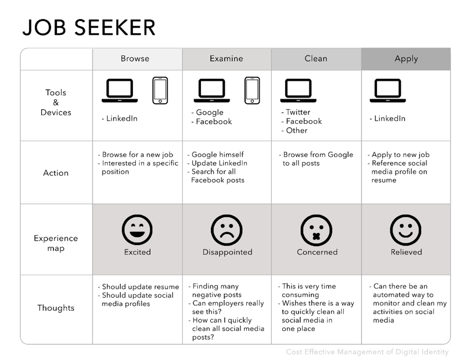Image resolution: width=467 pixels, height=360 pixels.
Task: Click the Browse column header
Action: [x=135, y=59]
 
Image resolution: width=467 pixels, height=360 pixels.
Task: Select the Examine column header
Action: [x=226, y=59]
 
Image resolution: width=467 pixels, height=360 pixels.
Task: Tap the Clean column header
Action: [x=316, y=59]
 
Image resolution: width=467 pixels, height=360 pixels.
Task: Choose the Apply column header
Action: [x=406, y=59]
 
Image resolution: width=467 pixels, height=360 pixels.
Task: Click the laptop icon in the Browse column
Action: [x=120, y=91]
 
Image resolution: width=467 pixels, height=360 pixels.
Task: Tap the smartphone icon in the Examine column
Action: [x=252, y=90]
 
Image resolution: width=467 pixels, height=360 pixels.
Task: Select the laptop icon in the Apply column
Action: [x=388, y=91]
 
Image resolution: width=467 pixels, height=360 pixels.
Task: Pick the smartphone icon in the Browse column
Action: [x=160, y=90]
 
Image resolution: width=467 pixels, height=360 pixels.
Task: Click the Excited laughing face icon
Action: [x=137, y=229]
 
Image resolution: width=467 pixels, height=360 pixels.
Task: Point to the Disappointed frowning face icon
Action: [x=227, y=230]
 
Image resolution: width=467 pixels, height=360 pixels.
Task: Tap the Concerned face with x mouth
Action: [x=317, y=230]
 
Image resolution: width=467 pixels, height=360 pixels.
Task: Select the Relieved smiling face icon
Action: [x=406, y=230]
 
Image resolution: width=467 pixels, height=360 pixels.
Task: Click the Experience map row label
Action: [x=56, y=243]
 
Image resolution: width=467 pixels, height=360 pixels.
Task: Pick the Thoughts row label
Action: [x=56, y=308]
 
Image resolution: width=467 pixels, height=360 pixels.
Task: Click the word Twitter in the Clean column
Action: [x=298, y=112]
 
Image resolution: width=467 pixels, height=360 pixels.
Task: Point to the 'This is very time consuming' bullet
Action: [x=308, y=291]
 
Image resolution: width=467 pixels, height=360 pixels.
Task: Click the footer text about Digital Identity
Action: [x=367, y=352]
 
